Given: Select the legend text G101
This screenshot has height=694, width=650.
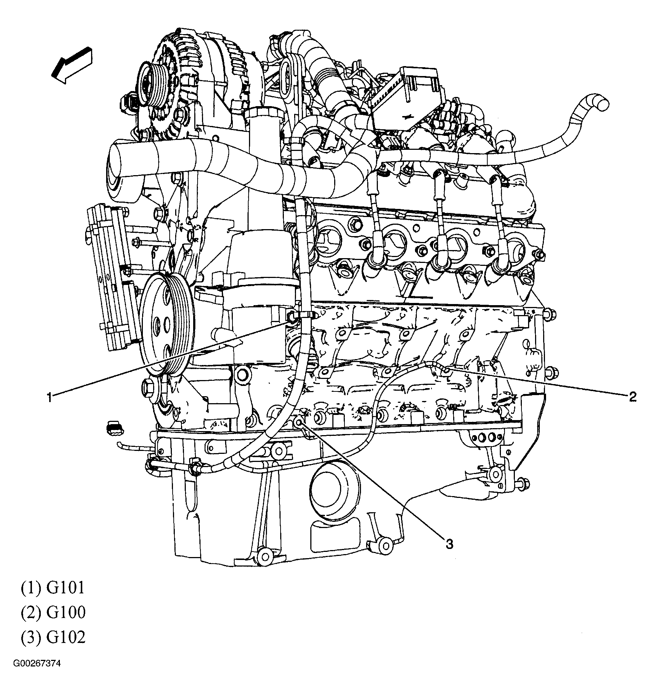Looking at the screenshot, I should pos(65,588).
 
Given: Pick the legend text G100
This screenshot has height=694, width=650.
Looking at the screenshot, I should pos(66,612).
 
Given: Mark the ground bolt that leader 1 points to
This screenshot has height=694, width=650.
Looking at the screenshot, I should pos(292,316).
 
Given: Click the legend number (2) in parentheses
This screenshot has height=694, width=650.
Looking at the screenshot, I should pos(31,612).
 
